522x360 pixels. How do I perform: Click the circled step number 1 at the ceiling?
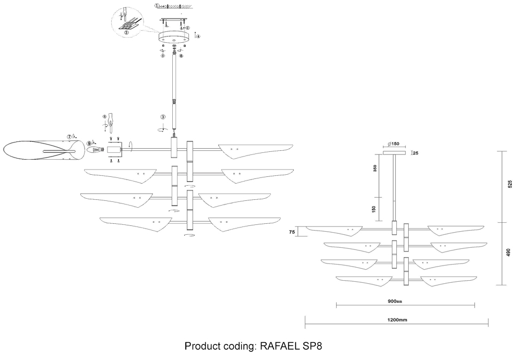pos(157,6)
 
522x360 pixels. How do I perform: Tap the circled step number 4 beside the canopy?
pos(198,35)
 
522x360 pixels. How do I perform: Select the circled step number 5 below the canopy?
pos(162,55)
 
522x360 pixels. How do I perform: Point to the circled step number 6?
pos(181,55)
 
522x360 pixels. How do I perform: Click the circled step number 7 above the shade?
pos(69,137)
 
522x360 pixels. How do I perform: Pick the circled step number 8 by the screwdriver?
pos(104,117)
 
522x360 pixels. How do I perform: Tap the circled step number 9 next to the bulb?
pos(89,142)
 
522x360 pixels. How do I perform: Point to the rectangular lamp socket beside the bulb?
pos(115,150)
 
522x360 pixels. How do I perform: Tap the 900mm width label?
pos(396,301)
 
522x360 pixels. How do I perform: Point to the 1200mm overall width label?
pos(396,319)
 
